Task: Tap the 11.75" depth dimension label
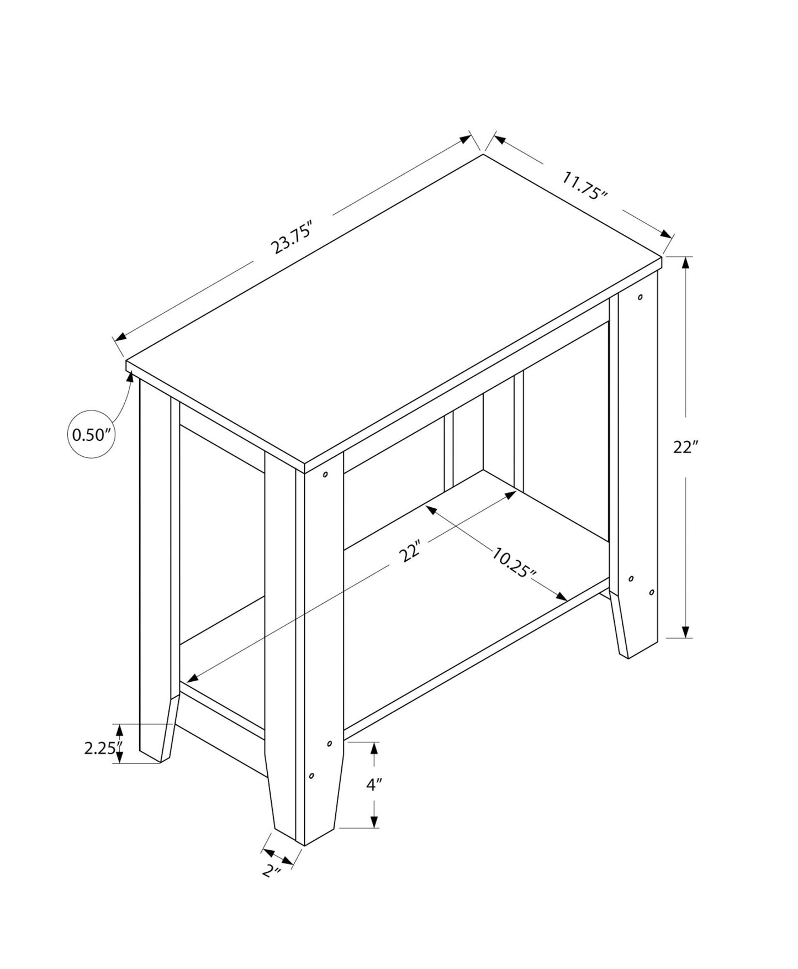pyautogui.click(x=585, y=186)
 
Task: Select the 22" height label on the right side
pyautogui.click(x=685, y=447)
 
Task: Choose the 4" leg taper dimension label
pyautogui.click(x=374, y=784)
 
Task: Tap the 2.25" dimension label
pyautogui.click(x=102, y=749)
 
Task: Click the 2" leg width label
pyautogui.click(x=271, y=871)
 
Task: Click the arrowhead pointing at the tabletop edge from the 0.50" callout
pyautogui.click(x=131, y=377)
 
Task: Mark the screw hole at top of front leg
pyautogui.click(x=325, y=474)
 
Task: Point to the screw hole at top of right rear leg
pyautogui.click(x=640, y=297)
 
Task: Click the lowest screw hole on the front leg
pyautogui.click(x=311, y=776)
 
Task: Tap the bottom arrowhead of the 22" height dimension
pyautogui.click(x=685, y=632)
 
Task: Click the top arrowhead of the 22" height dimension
pyautogui.click(x=685, y=263)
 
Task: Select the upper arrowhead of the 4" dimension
pyautogui.click(x=374, y=748)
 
